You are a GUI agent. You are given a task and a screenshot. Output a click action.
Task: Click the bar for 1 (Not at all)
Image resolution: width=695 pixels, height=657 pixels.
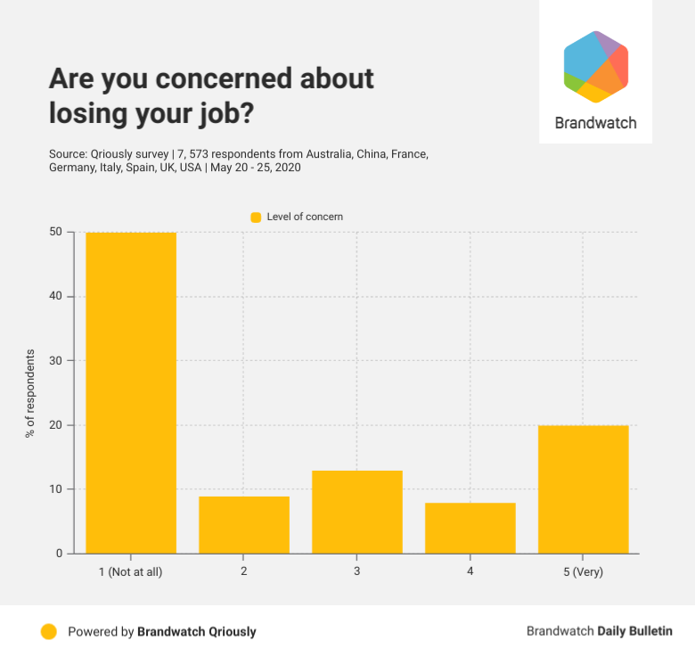[x=131, y=392]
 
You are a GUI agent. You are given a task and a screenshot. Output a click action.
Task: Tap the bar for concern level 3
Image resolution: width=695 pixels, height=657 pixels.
[x=357, y=512]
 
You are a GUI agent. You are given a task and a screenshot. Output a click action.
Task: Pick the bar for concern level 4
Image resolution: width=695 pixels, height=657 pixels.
[x=470, y=528]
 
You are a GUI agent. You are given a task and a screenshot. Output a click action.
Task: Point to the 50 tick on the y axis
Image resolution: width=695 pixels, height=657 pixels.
[x=55, y=232]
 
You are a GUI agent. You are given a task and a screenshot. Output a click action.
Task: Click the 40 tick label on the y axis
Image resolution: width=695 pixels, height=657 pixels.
[x=55, y=296]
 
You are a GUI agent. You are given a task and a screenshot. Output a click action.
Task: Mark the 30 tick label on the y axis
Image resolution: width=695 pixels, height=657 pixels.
[x=55, y=360]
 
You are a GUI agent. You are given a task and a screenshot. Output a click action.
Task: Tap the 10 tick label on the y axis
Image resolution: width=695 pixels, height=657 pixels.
[x=55, y=489]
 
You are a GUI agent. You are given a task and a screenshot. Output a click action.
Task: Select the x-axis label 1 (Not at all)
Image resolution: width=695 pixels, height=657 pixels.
[x=130, y=571]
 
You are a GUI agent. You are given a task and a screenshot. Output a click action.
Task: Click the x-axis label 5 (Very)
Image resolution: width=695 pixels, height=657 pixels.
[x=584, y=571]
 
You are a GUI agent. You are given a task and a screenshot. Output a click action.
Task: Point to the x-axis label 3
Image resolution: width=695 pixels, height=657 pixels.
[x=357, y=571]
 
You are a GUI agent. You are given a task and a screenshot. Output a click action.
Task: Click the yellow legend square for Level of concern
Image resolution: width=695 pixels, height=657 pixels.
[x=256, y=217]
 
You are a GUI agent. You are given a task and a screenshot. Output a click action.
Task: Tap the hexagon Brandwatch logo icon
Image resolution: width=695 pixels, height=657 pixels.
[x=596, y=67]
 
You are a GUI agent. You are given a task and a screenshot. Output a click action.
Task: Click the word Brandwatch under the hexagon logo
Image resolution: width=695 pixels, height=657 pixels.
[x=595, y=123]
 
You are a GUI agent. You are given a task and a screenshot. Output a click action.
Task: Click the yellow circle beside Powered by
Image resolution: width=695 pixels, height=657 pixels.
[x=49, y=631]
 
